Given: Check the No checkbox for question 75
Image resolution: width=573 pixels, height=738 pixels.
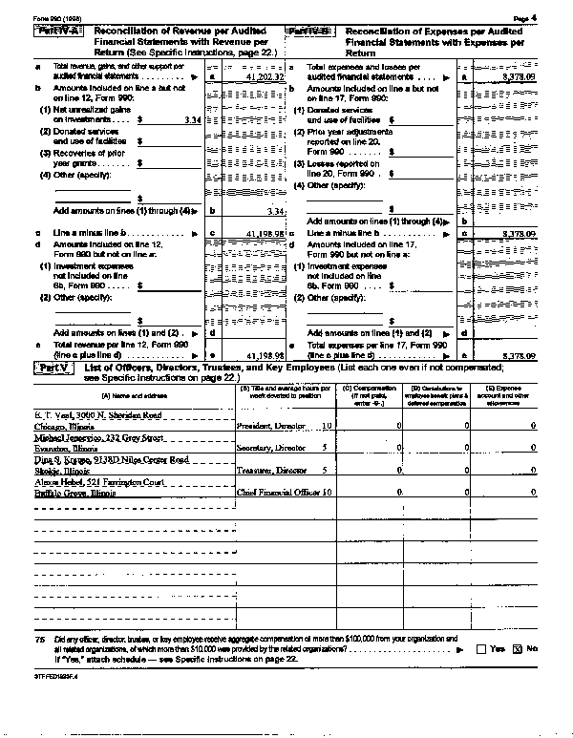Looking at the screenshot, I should click(520, 648).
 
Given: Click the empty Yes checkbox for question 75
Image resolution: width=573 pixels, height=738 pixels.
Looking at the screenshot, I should click(480, 648).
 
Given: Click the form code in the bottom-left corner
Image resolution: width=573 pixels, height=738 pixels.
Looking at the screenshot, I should click(50, 676).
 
